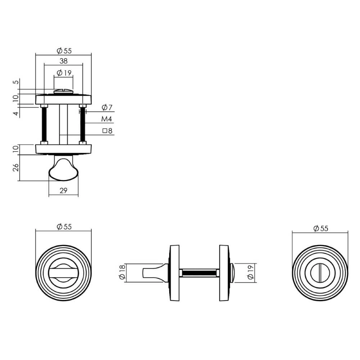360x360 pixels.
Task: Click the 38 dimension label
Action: click(63, 61)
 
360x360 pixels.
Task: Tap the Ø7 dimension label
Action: click(107, 107)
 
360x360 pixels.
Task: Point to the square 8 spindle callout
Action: click(107, 131)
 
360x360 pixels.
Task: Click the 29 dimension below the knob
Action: click(63, 191)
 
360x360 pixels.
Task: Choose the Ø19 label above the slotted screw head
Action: click(63, 72)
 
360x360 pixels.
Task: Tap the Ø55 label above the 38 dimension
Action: click(63, 51)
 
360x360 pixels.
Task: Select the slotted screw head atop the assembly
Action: click(63, 92)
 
